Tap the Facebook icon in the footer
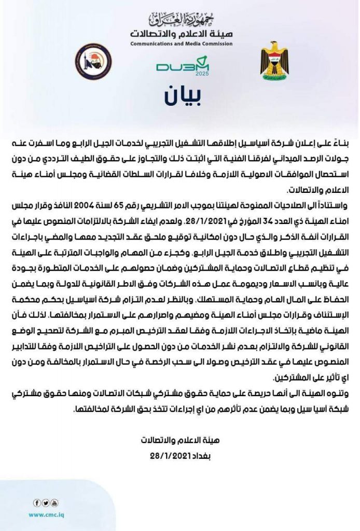coord(37,502)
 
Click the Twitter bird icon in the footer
coord(46,502)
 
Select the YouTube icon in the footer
coord(54,502)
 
